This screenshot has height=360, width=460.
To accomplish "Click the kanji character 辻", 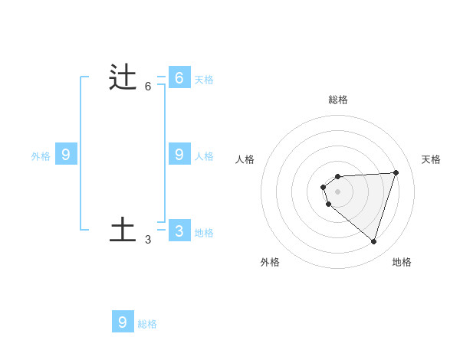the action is (123, 78).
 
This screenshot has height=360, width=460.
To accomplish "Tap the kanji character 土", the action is (123, 231).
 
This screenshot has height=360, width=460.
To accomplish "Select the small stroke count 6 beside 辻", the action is (148, 87).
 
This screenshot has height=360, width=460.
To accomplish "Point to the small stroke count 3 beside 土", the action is (148, 240).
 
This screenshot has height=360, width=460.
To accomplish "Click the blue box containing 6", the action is (179, 77).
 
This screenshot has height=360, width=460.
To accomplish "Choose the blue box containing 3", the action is (179, 230).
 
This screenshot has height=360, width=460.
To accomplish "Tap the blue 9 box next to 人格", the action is (179, 154).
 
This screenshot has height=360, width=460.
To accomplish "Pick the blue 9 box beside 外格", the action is (66, 154).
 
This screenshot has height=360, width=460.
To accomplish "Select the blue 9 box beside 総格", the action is (123, 322).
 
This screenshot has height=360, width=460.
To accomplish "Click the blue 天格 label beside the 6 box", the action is (204, 79).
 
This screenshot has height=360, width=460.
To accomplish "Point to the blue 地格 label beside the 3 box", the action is (204, 232).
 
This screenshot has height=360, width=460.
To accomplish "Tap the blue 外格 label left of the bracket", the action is (41, 156).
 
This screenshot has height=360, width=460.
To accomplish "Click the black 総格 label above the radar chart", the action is (338, 100).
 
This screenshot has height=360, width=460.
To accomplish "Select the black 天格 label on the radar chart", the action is (431, 159).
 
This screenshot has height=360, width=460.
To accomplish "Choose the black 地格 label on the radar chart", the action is (402, 262).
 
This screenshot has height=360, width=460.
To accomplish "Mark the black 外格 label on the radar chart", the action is (270, 262).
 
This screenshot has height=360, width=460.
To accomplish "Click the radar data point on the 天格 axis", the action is (396, 172).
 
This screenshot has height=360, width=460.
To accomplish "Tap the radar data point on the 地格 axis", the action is (373, 241).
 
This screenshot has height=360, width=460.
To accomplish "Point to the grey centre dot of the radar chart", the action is (337, 191).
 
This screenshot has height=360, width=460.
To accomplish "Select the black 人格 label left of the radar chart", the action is (245, 159).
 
